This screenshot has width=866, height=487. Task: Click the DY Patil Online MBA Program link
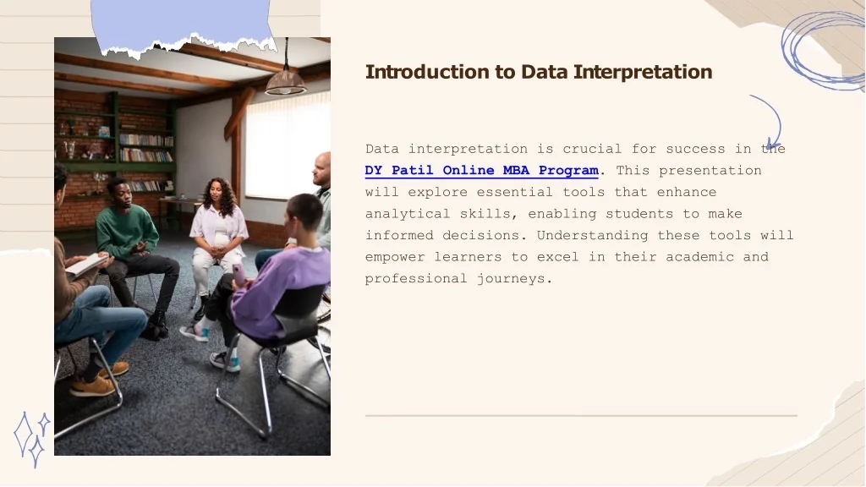481,171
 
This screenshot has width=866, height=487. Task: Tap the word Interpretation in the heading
643,73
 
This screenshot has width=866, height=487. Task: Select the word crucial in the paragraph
592,149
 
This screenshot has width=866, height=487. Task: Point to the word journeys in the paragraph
514,279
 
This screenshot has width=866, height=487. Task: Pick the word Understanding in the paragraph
593,236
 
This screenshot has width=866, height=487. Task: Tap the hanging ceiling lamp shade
286,83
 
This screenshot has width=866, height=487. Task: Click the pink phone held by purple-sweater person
238,275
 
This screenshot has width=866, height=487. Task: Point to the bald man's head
321,169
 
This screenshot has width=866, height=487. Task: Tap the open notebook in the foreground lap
87,264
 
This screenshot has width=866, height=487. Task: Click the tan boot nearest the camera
93,386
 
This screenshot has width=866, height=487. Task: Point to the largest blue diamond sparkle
23,434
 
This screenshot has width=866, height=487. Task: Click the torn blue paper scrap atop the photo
183,26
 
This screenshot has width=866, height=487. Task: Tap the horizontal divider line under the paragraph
581,415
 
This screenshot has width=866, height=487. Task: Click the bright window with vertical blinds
288,146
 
